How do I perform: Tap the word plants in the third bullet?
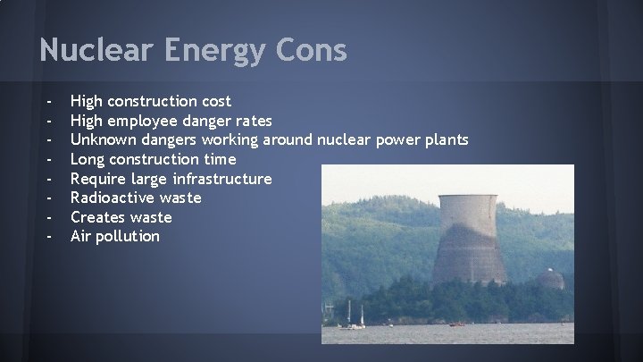click(x=444, y=139)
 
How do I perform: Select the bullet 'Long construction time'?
click(x=154, y=159)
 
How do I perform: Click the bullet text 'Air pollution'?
click(x=115, y=237)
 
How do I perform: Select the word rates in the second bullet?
click(x=250, y=121)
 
